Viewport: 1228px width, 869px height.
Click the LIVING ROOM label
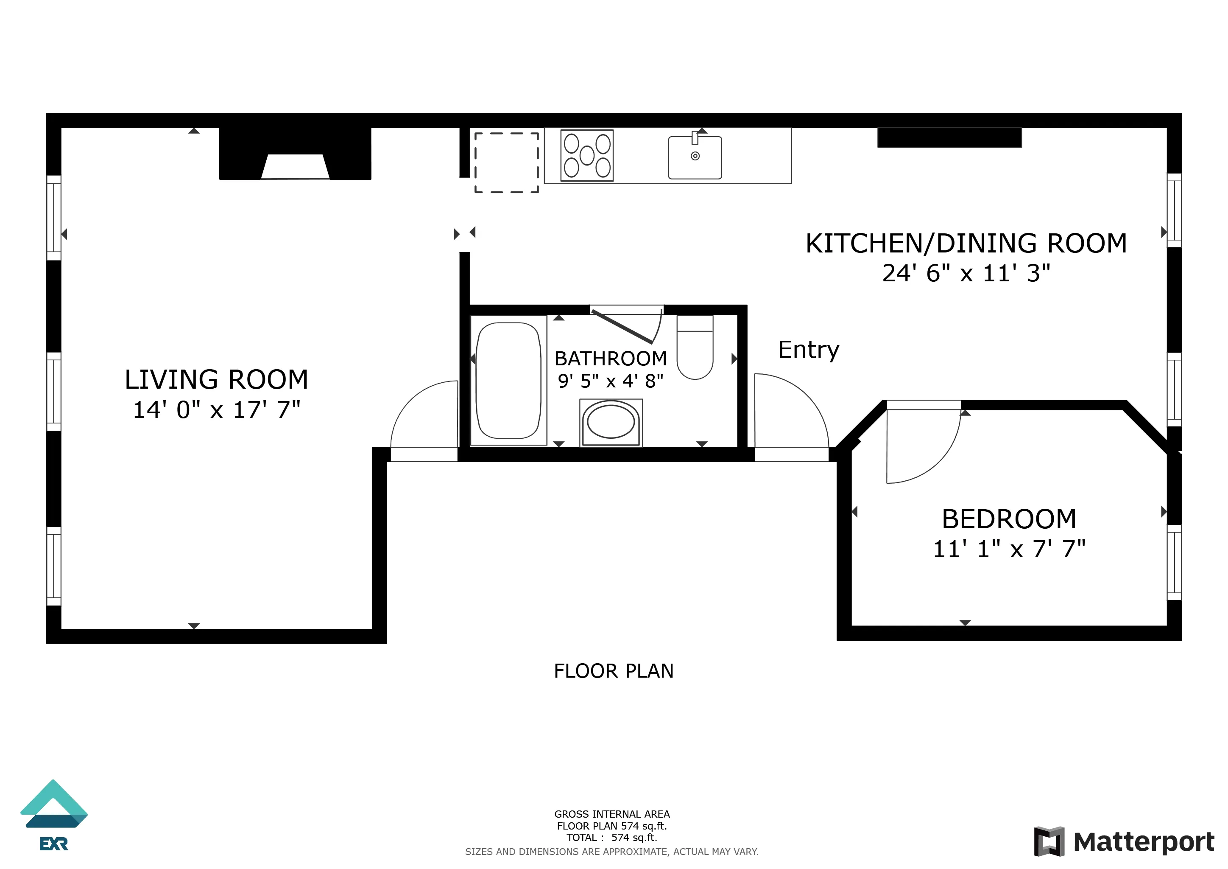tap(216, 379)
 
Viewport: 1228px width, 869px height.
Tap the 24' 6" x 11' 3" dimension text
tap(966, 273)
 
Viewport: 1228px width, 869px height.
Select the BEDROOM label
tap(1009, 519)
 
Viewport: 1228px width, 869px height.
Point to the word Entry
tap(808, 350)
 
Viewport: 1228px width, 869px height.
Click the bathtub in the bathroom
tap(508, 380)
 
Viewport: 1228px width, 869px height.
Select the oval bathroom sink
tap(611, 422)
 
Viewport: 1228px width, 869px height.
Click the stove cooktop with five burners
tap(587, 156)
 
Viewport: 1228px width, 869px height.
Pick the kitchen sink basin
tap(695, 158)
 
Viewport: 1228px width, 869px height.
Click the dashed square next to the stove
tap(506, 162)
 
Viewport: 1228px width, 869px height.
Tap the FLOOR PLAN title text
tap(614, 671)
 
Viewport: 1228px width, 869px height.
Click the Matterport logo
tap(1123, 842)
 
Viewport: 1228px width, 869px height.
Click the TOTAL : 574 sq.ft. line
tap(612, 838)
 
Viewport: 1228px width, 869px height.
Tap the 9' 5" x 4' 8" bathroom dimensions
tap(610, 381)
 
